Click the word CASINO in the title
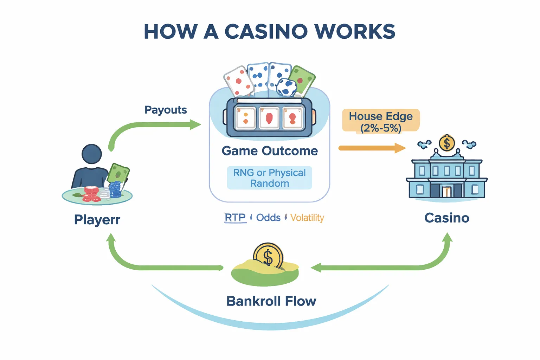tap(266, 32)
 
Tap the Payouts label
tap(166, 110)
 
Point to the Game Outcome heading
tap(270, 151)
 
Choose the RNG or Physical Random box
tap(270, 178)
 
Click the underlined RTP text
tap(235, 218)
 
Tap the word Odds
tap(268, 218)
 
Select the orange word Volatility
tap(307, 218)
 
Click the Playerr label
tap(97, 220)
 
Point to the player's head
tap(91, 154)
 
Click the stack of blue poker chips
tap(115, 190)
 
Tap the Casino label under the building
tap(446, 218)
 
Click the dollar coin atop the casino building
tap(447, 143)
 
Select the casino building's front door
tap(446, 192)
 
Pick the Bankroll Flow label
tap(271, 301)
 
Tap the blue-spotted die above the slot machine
tap(287, 87)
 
